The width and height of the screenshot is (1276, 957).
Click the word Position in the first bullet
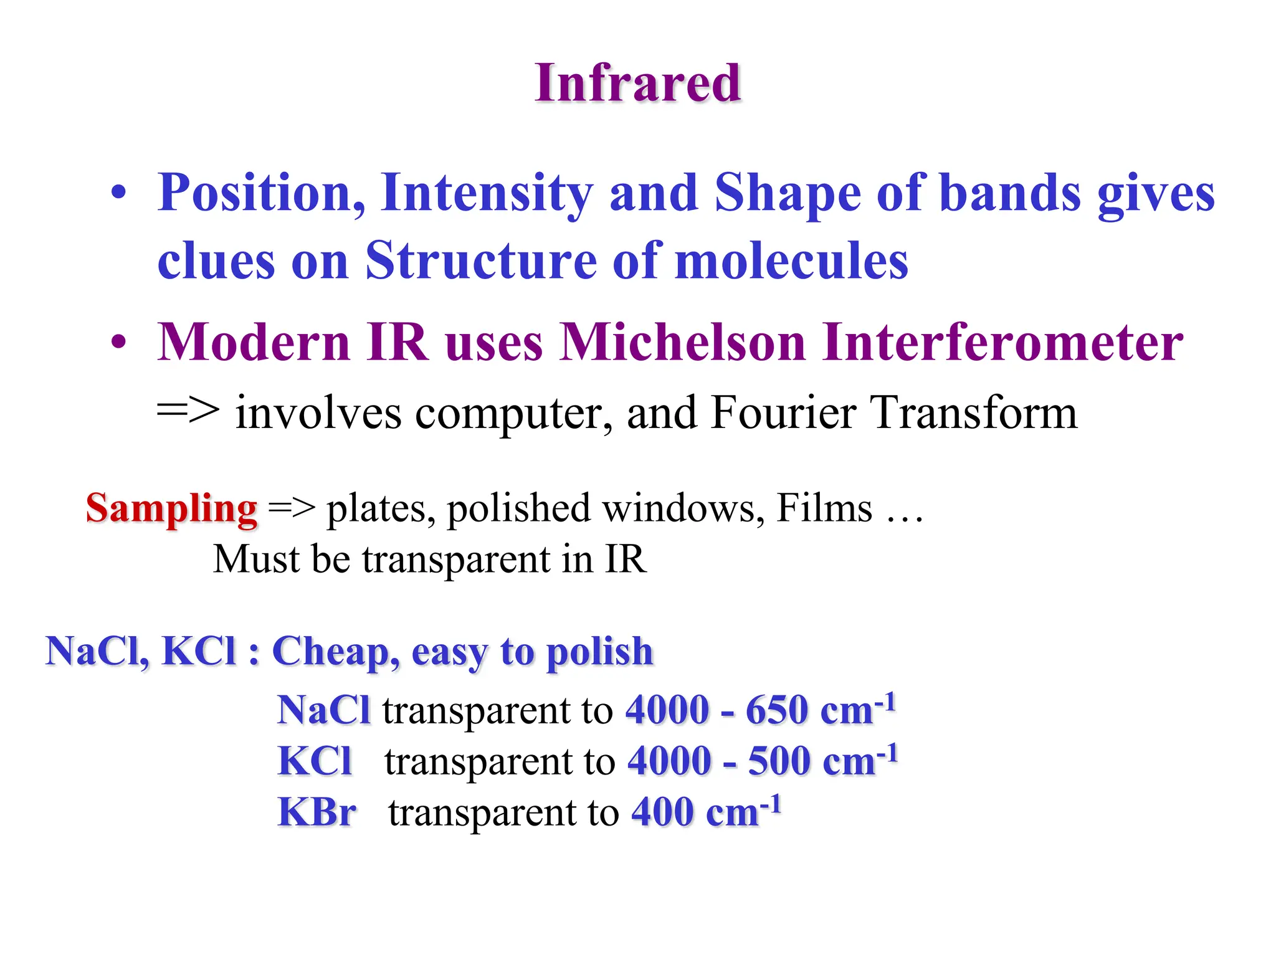[x=260, y=193]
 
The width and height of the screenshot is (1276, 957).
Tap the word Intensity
[x=487, y=193]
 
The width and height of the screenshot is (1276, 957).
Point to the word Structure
[x=480, y=260]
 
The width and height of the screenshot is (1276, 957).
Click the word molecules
[x=791, y=260]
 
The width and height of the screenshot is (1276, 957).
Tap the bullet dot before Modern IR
[x=118, y=342]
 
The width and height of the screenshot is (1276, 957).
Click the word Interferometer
[x=1002, y=342]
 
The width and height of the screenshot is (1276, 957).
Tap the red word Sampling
[x=171, y=508]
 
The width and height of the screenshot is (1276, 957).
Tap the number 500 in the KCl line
[x=778, y=761]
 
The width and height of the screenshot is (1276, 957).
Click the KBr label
[x=317, y=812]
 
